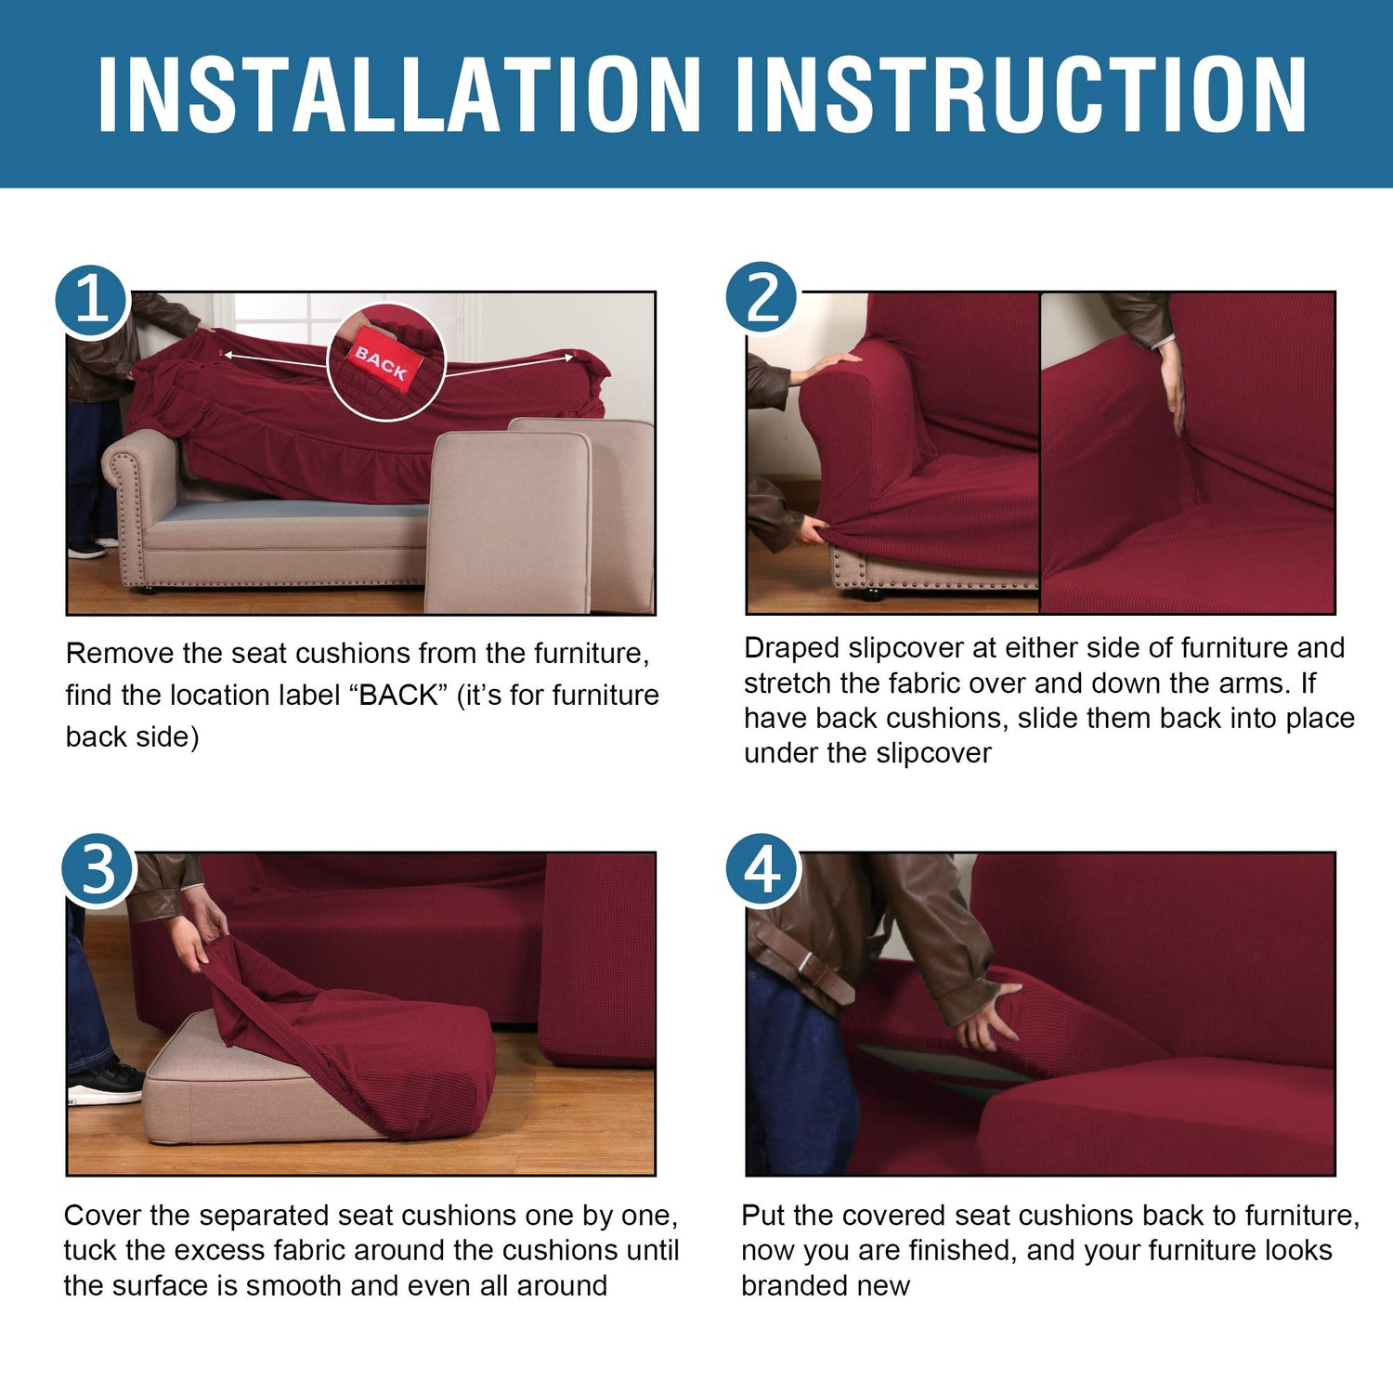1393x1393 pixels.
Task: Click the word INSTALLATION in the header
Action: [399, 94]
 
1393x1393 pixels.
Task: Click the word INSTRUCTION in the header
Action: [1021, 94]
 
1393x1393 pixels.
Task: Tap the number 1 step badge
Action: [91, 300]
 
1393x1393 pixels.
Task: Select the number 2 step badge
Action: [762, 297]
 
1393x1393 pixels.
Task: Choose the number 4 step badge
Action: [762, 870]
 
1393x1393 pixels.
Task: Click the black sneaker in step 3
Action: [106, 1083]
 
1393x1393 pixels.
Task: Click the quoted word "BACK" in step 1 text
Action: [397, 695]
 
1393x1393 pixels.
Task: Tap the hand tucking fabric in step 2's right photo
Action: [1172, 385]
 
